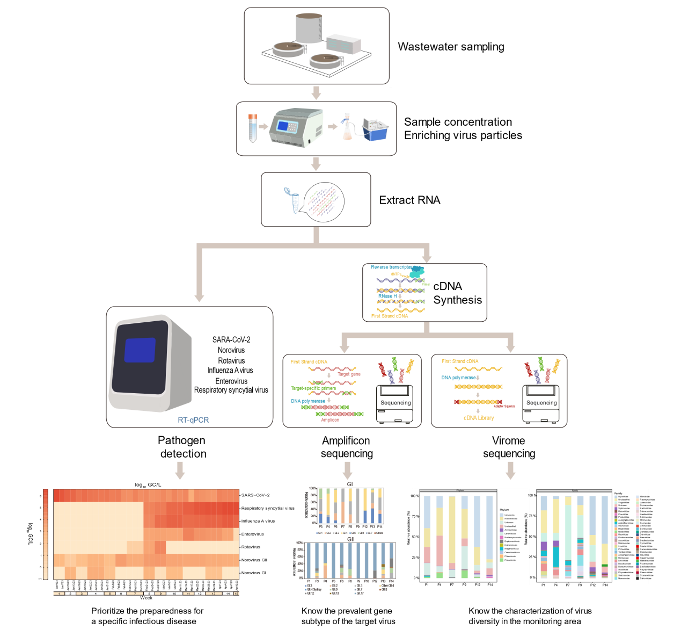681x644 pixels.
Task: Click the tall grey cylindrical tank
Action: (309, 28)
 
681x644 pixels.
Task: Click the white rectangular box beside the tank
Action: (344, 44)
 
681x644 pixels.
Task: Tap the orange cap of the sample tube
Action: (253, 117)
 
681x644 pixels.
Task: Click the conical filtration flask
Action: (347, 131)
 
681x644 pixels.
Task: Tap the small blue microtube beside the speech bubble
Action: (295, 202)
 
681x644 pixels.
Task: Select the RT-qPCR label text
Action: (193, 420)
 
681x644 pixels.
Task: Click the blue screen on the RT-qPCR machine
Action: (140, 350)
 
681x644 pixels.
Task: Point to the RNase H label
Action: (387, 296)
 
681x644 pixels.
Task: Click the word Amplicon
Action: (330, 420)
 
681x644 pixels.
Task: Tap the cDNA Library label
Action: (479, 418)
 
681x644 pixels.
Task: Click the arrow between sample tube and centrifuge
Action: (263, 127)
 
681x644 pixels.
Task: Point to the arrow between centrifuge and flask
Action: (333, 127)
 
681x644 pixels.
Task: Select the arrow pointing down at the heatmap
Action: (180, 470)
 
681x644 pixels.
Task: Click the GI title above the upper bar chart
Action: (350, 484)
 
